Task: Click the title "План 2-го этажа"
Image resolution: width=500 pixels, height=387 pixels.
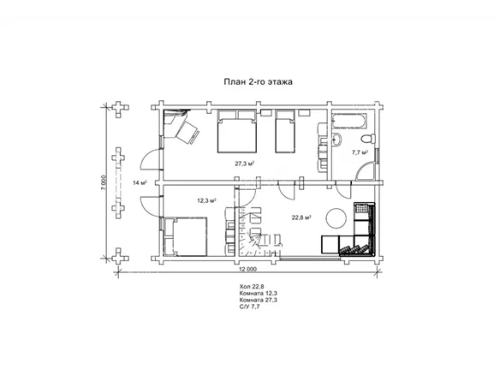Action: [258, 82]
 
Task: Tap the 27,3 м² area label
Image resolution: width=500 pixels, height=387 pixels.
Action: [245, 164]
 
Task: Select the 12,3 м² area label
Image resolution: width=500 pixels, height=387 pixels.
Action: [206, 201]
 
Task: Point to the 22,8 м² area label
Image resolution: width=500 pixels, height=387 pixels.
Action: [301, 217]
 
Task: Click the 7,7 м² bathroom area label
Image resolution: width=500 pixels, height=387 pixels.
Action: [360, 152]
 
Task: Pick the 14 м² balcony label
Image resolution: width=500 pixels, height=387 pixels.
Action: [140, 182]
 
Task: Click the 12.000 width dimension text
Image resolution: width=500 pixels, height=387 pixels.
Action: [247, 269]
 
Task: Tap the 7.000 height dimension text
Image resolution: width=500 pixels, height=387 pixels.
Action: [103, 182]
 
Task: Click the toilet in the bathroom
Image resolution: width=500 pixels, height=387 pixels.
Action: [369, 140]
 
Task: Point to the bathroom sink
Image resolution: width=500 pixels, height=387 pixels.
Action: [336, 140]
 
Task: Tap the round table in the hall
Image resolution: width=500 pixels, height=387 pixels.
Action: [336, 218]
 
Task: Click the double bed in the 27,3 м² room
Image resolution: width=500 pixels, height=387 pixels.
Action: [237, 131]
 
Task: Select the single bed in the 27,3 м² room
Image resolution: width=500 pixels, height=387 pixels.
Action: [285, 131]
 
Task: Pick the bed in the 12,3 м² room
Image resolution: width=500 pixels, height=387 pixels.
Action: [185, 236]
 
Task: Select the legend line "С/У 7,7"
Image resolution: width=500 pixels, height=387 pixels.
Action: [249, 307]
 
